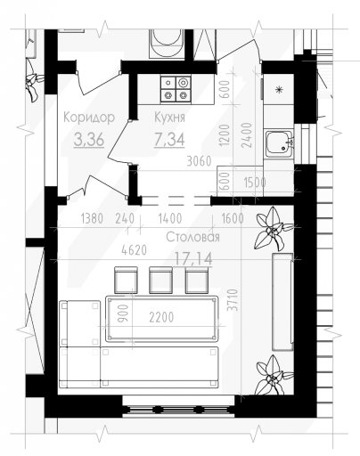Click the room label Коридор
89,118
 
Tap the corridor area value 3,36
89,140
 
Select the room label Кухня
169,118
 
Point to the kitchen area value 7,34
169,140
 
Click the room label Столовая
192,237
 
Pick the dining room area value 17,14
193,258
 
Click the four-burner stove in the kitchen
176,88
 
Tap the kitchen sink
280,144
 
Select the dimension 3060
199,161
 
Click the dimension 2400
247,135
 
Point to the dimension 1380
92,219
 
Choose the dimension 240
125,219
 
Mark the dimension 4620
135,250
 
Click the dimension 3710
234,300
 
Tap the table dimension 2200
161,318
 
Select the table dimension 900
123,313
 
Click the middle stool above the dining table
160,281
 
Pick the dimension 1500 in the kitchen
255,183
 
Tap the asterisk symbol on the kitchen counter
279,89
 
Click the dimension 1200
225,135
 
